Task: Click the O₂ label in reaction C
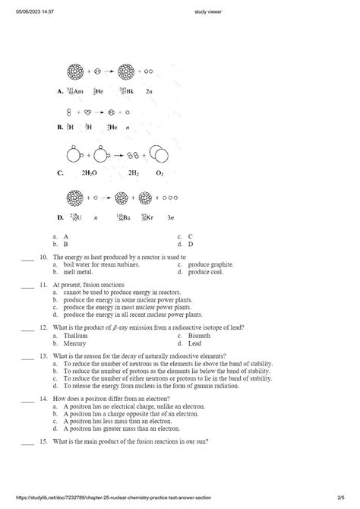coord(159,172)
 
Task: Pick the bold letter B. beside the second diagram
coord(59,128)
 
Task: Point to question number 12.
coord(44,327)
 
